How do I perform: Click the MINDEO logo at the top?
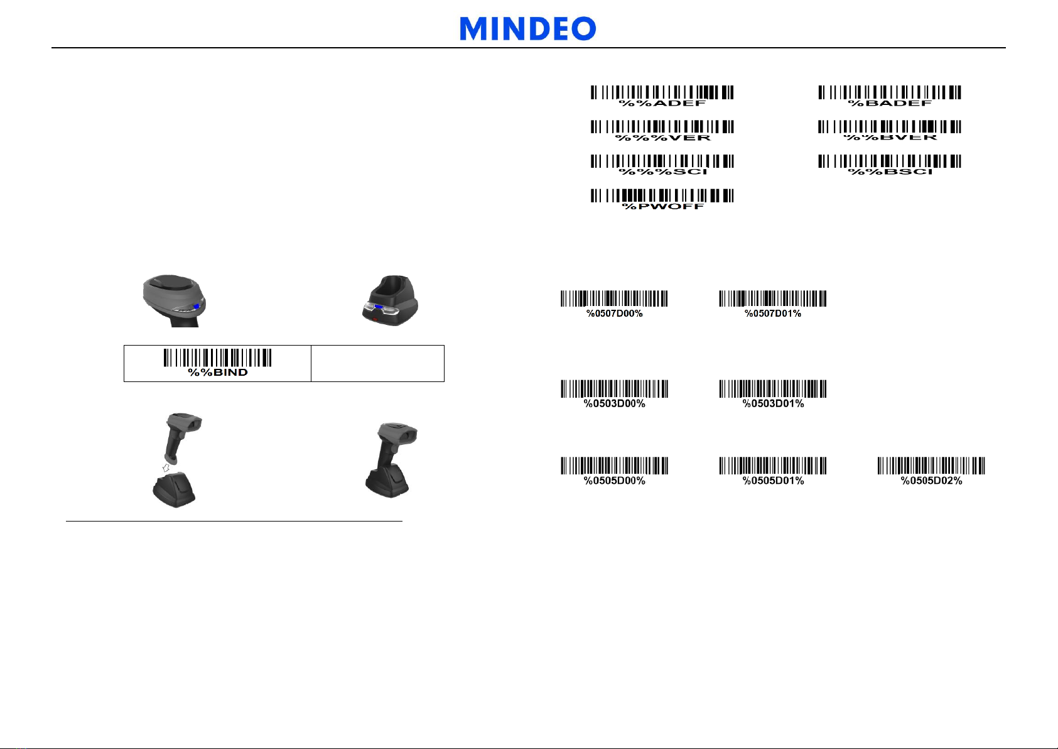[527, 29]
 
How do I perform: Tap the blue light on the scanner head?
[197, 306]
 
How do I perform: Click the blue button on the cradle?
[379, 307]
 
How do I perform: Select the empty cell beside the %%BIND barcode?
[377, 363]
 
